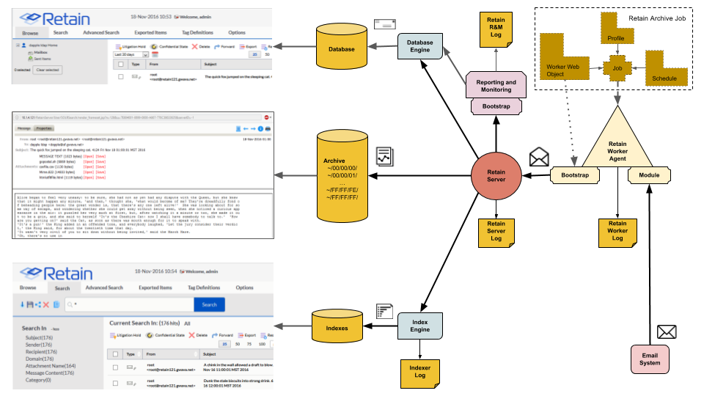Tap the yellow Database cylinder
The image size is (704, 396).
point(342,50)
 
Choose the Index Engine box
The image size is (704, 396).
point(420,326)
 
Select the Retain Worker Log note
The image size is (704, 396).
point(617,230)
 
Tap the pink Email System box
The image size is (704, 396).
point(650,359)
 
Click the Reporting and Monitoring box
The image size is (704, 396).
point(496,87)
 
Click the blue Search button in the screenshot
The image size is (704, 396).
point(209,304)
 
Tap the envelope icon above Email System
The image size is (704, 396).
point(667,331)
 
